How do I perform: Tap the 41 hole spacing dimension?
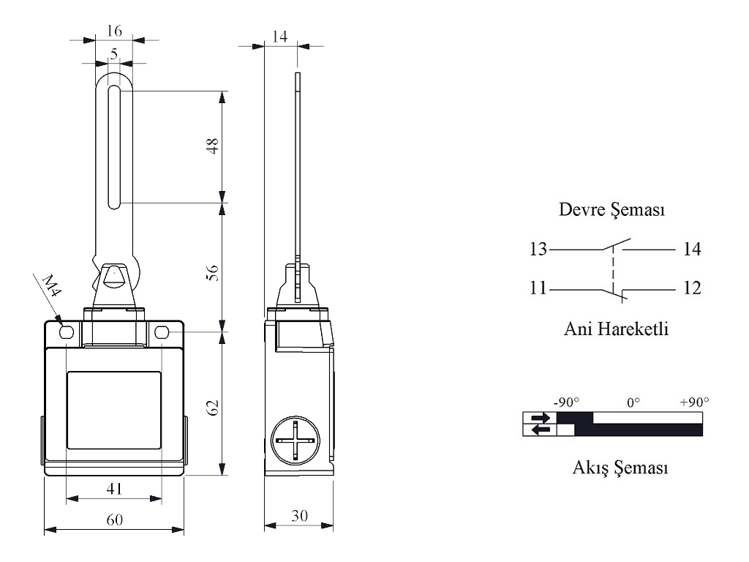[114, 488]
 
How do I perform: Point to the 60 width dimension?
[114, 519]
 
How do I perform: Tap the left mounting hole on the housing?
[67, 333]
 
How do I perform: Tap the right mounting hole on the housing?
[162, 333]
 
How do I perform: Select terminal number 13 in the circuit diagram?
[538, 250]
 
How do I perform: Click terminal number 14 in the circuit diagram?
[692, 250]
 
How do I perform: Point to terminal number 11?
[538, 288]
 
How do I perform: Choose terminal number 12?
[692, 288]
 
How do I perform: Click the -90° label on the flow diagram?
[567, 402]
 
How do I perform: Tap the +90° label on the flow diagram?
[693, 402]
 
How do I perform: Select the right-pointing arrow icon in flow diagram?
[541, 418]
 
